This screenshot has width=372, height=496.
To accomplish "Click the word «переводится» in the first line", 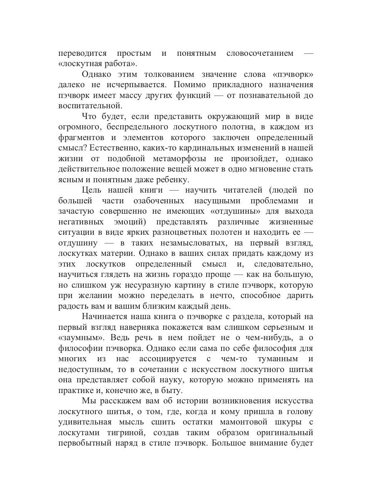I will pos(82,54).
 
